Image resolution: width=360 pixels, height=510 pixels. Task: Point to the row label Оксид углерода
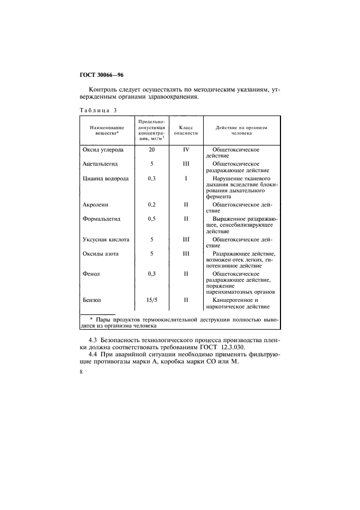102,149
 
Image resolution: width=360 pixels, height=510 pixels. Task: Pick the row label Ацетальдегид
100,163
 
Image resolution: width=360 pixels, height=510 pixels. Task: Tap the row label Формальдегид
101,220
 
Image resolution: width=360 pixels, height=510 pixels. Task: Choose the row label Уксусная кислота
106,240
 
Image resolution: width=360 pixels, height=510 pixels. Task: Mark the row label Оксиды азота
101,254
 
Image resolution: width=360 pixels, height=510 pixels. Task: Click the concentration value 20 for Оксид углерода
152,149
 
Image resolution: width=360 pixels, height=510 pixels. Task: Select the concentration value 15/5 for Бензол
152,300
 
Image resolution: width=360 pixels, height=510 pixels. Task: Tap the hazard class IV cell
185,149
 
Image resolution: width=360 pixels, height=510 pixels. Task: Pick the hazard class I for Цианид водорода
185,178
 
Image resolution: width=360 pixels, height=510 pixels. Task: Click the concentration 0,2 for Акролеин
152,205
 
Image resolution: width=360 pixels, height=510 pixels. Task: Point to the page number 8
81,372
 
